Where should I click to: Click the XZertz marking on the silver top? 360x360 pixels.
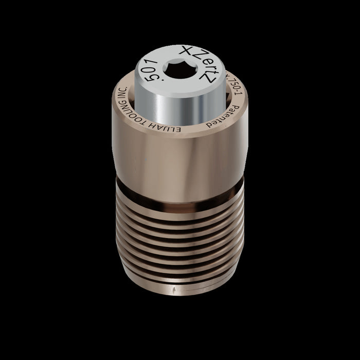[204, 65]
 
